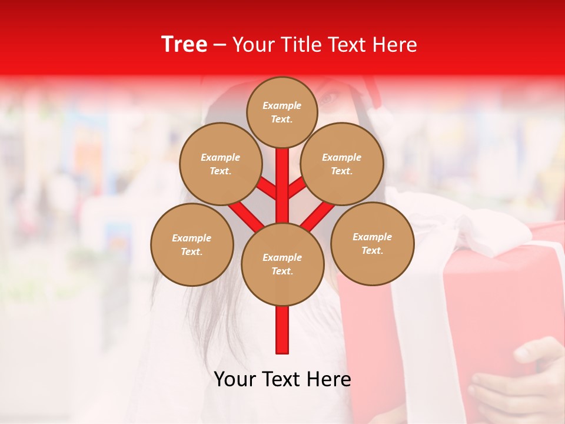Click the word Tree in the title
184,45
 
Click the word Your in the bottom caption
235,379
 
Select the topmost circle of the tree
282,112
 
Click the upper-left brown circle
220,164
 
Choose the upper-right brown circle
342,164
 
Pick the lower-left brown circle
192,244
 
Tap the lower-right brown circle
372,243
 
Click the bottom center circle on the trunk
282,264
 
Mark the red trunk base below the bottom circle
282,330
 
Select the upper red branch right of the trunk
296,188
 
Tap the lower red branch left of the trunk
246,216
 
